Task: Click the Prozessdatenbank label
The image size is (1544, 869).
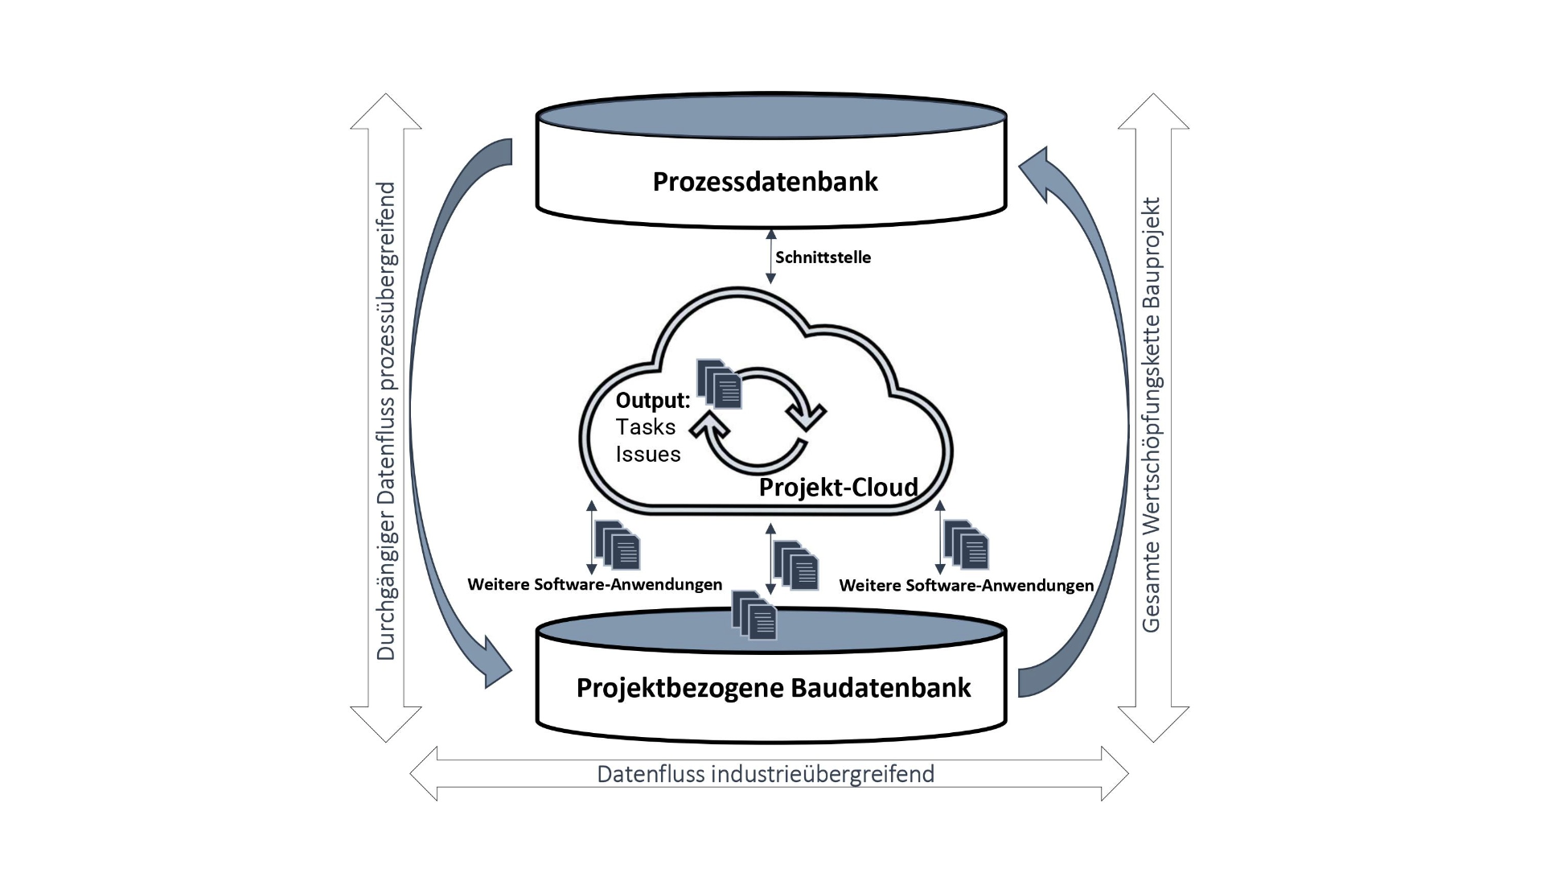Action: coord(765,182)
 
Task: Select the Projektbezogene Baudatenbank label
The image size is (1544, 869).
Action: coord(774,688)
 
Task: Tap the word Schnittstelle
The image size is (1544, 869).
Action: coord(823,257)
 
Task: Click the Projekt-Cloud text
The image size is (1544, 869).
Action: coord(838,487)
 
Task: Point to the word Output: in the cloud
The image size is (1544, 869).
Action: coord(652,400)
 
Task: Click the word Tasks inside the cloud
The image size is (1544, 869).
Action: coord(645,426)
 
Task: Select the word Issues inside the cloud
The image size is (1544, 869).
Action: coord(648,454)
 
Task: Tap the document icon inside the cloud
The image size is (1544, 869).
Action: coord(720,383)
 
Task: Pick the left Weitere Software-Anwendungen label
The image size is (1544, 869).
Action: coord(594,584)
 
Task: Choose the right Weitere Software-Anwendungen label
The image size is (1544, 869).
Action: coord(966,585)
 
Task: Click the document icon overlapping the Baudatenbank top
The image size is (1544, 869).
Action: coord(754,616)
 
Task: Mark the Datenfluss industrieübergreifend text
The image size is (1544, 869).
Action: coord(766,774)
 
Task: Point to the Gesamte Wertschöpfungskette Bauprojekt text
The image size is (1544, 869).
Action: coord(1152,415)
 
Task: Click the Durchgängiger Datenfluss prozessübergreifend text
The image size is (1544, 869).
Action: coord(386,421)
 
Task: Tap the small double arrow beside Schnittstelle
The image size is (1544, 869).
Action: coord(770,257)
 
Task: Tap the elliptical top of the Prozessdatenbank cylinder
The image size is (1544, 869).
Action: coord(771,116)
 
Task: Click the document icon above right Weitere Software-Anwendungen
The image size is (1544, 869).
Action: coord(966,545)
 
